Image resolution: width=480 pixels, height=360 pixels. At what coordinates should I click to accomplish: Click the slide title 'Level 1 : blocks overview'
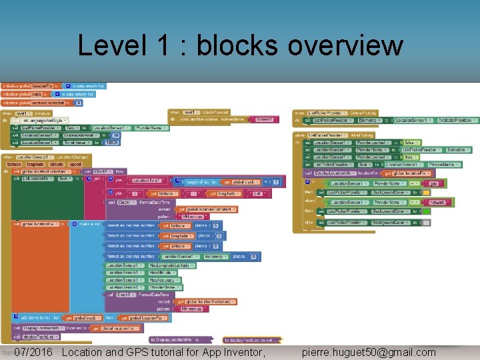(x=240, y=46)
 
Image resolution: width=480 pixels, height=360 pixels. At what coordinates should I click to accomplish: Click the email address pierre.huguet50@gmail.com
(x=369, y=352)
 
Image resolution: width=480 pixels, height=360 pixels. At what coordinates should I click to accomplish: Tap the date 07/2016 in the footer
(x=33, y=352)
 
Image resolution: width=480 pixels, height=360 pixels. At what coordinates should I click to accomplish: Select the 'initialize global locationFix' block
(x=30, y=86)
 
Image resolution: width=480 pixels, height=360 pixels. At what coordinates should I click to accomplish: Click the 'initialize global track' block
(x=23, y=94)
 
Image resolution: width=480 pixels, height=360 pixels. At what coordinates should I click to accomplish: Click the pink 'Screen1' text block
(x=264, y=119)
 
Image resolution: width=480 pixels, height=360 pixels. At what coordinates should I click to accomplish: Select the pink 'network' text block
(x=437, y=202)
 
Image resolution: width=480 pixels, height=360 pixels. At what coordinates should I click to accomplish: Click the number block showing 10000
(x=111, y=142)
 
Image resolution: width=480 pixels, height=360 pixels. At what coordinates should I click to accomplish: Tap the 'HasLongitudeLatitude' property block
(x=150, y=265)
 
